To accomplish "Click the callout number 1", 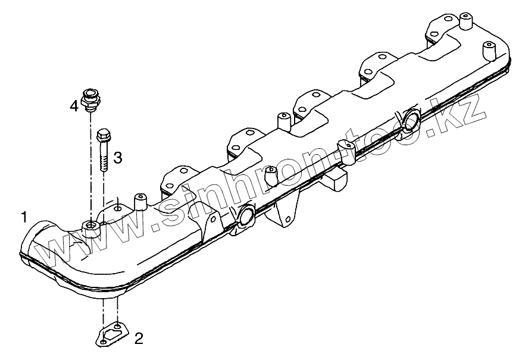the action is (24, 217).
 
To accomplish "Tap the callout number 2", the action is (138, 339).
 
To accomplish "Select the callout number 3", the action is (118, 157).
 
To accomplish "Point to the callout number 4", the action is (73, 106).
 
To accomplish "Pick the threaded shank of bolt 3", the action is (104, 159).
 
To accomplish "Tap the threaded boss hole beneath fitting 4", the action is (90, 226).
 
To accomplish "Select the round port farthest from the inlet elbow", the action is (410, 118).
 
